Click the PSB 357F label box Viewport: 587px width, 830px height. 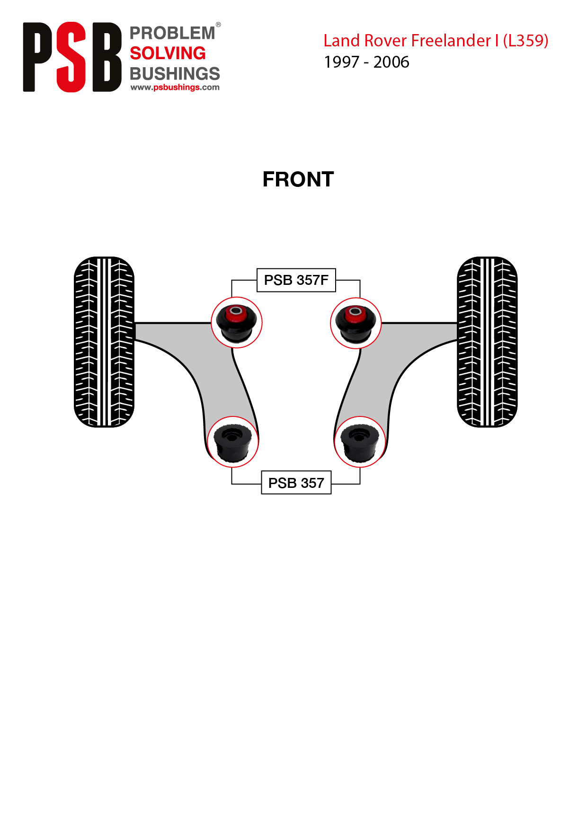[x=296, y=280]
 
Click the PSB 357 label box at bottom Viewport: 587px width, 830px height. [x=296, y=483]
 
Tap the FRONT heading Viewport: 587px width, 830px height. [x=298, y=179]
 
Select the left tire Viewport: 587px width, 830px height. [x=104, y=342]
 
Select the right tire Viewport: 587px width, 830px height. [x=487, y=342]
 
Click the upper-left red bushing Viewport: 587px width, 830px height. [x=236, y=323]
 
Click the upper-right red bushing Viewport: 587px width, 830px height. [x=356, y=323]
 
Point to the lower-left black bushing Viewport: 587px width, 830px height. [x=232, y=442]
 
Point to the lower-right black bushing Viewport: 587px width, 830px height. [x=360, y=442]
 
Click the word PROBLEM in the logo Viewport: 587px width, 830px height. [x=172, y=33]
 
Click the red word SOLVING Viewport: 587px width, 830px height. [x=168, y=53]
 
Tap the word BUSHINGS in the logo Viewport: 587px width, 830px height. [x=175, y=73]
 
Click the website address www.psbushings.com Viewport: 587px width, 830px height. [x=175, y=87]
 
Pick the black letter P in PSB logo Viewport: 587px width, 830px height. [x=38, y=57]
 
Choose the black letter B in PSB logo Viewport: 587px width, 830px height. [x=107, y=57]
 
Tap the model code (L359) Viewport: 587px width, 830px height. [x=525, y=41]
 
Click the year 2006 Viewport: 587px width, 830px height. [x=391, y=62]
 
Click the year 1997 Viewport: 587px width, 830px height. [x=341, y=62]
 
